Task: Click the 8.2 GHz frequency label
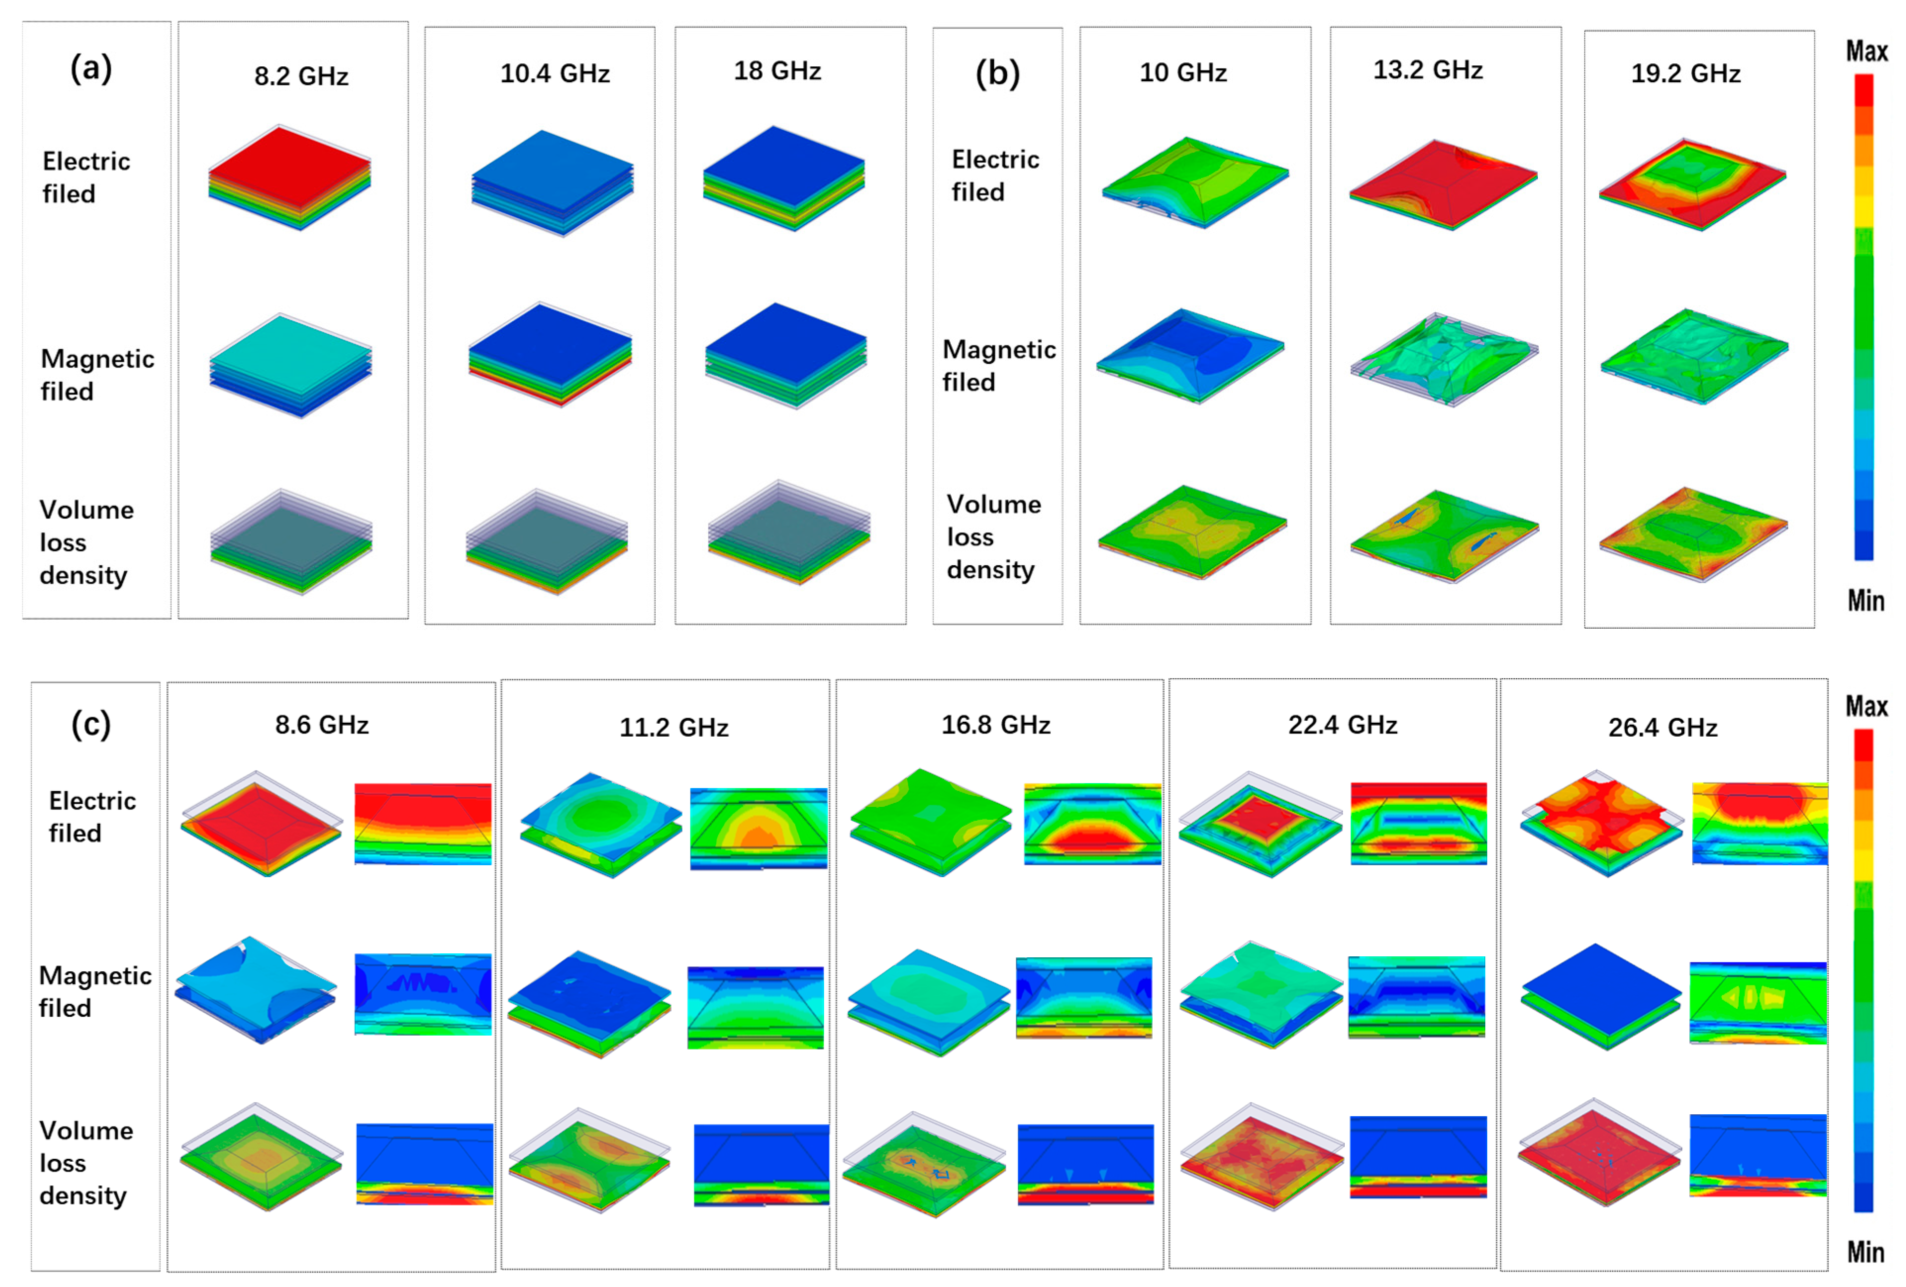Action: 301,76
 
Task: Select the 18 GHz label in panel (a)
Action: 777,71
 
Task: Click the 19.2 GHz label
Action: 1685,74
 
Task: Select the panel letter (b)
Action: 997,74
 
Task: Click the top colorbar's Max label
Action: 1866,51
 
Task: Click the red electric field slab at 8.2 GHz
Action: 290,160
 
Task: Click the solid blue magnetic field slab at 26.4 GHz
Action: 1601,989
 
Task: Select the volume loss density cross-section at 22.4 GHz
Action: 1418,1157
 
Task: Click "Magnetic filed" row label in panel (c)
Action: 95,991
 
